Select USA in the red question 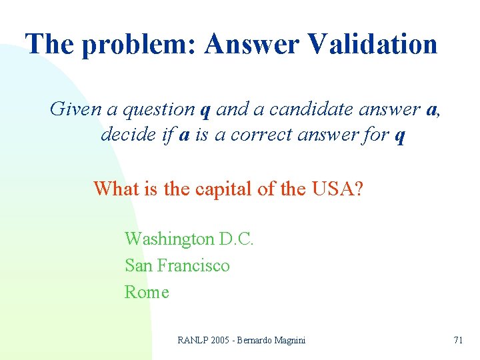[x=337, y=189]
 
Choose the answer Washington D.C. [x=189, y=239]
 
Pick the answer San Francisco [x=177, y=265]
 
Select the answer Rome [x=147, y=292]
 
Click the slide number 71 [x=458, y=340]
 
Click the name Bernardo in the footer [x=256, y=340]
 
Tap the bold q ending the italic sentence [x=400, y=137]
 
